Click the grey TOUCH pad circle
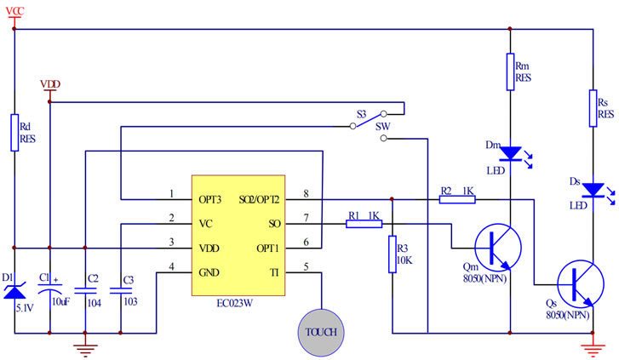point(323,331)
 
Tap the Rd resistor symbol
point(14,132)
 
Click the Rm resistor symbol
point(509,71)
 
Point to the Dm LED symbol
point(509,153)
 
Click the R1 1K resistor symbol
point(364,225)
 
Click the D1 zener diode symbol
point(14,293)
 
